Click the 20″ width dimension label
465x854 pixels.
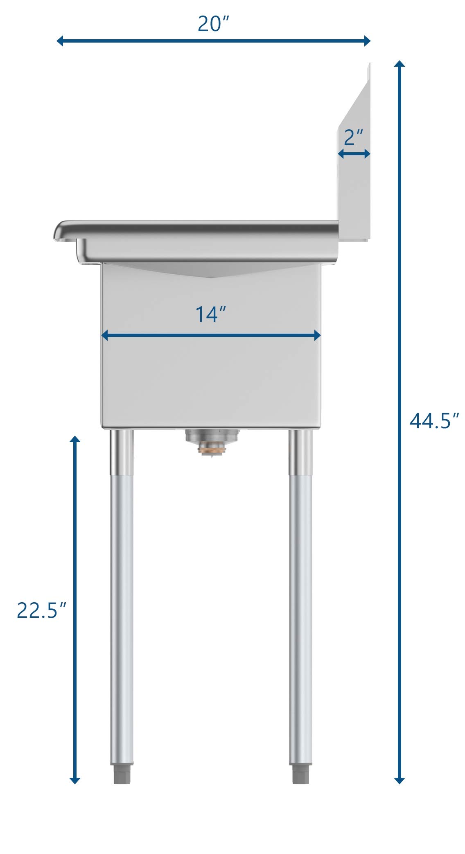pos(213,24)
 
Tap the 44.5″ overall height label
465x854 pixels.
pos(434,420)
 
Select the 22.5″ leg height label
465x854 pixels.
pos(41,610)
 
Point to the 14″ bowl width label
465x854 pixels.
pos(210,314)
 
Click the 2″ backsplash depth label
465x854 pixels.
pos(354,138)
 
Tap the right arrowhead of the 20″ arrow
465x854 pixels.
pos(367,41)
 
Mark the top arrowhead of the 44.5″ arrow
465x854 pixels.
pos(400,64)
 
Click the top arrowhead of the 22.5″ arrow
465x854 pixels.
pos(74,439)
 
